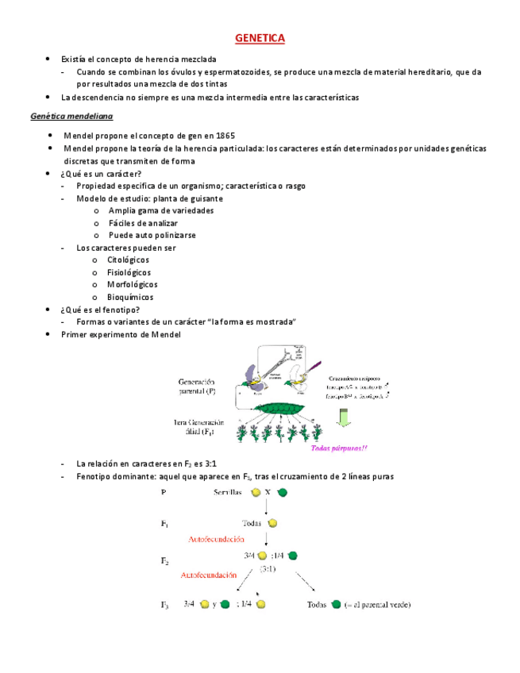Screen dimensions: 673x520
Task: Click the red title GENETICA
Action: [x=260, y=38]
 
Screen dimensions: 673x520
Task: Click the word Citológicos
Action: [x=128, y=260]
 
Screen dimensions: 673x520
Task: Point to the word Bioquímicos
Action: [x=130, y=297]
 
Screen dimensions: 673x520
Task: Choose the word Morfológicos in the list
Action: [x=132, y=284]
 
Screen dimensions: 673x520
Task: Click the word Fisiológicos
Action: [x=129, y=272]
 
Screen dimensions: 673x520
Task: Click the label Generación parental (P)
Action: [x=198, y=385]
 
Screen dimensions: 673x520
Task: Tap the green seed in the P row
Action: [x=283, y=492]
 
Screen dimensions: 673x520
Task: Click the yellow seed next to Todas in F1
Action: [x=273, y=523]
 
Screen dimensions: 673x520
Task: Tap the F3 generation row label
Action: [x=165, y=605]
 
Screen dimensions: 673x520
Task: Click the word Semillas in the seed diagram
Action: [x=229, y=492]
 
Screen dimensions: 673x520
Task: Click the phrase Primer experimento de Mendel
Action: [x=121, y=334]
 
